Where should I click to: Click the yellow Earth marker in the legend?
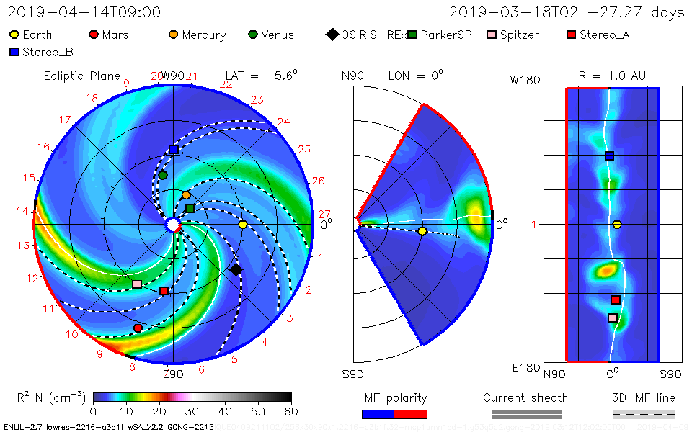(x=14, y=35)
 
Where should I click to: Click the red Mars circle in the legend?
(x=94, y=35)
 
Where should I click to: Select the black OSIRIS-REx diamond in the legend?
(x=332, y=35)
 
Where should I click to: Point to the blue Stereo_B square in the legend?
(x=14, y=52)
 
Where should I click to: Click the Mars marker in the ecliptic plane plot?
(x=138, y=328)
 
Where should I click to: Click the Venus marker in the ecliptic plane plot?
(x=163, y=175)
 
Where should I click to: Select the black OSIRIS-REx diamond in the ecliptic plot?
(x=236, y=269)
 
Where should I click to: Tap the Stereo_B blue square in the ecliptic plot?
(x=174, y=149)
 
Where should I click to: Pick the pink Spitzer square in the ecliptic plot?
(x=137, y=284)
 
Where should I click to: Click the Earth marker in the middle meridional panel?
(x=422, y=231)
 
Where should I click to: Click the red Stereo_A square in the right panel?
(x=616, y=300)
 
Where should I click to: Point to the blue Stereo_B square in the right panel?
(x=609, y=156)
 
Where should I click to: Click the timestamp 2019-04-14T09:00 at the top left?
(x=84, y=12)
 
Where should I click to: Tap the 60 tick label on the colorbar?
(x=291, y=411)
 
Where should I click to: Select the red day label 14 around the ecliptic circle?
(x=24, y=211)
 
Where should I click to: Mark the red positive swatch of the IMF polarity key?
(x=411, y=414)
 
